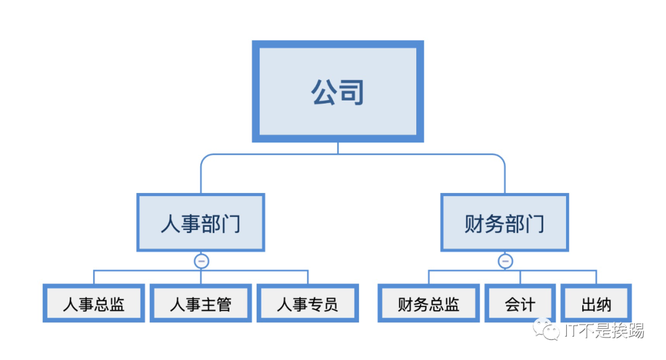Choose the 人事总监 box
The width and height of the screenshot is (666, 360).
pos(94,303)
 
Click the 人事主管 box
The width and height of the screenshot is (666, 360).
pos(200,303)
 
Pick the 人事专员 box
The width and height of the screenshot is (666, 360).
pos(307,303)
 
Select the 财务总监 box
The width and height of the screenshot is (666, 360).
pos(429,303)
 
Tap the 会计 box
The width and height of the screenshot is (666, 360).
pos(520,303)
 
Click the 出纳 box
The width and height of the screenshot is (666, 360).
pos(596,303)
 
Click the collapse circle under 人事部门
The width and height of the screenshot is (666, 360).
pos(201,261)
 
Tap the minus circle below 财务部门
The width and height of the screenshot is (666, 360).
pos(505,261)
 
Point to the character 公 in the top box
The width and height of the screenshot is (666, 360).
pos(324,92)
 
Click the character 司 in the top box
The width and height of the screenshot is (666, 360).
pos(351,92)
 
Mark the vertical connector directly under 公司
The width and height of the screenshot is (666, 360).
pos(338,148)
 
